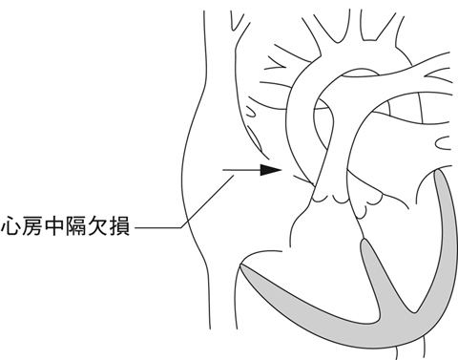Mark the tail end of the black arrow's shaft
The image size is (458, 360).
point(222,171)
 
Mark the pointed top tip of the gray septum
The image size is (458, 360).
point(364,243)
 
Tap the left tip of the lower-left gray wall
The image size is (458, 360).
point(242,268)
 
